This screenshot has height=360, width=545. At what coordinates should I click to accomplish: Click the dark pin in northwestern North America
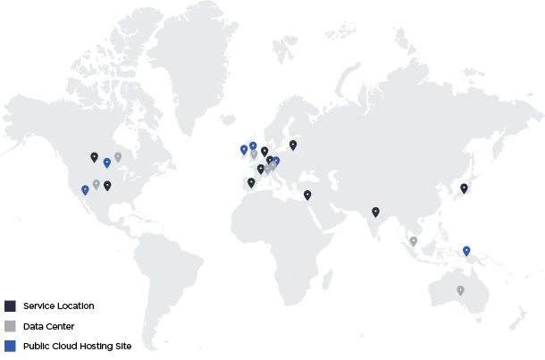[x=94, y=157]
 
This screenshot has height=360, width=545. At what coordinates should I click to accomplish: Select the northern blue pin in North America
[x=107, y=163]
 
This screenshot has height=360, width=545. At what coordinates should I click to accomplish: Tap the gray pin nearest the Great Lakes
[x=118, y=157]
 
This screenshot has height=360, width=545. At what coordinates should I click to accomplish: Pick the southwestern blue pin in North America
[x=85, y=189]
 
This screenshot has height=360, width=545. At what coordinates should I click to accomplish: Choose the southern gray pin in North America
[x=96, y=184]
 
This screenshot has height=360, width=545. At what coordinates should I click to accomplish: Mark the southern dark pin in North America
[x=107, y=186]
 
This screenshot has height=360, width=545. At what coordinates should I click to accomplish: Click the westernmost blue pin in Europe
[x=243, y=149]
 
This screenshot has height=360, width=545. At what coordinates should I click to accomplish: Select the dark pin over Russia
[x=293, y=144]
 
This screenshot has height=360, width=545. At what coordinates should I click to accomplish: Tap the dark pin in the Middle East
[x=307, y=195]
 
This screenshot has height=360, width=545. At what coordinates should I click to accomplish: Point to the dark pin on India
[x=375, y=212]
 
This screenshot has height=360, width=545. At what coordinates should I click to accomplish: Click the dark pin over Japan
[x=463, y=188]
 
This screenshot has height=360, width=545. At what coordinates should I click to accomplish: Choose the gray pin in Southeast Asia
[x=414, y=240]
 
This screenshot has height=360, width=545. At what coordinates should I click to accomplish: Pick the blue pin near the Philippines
[x=466, y=250]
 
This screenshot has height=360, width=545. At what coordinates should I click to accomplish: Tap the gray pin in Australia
[x=460, y=290]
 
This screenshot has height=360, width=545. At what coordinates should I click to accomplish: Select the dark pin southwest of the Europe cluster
[x=251, y=182]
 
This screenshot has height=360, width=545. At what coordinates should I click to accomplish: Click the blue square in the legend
[x=10, y=346]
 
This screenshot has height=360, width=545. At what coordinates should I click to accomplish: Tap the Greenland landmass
[x=192, y=54]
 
